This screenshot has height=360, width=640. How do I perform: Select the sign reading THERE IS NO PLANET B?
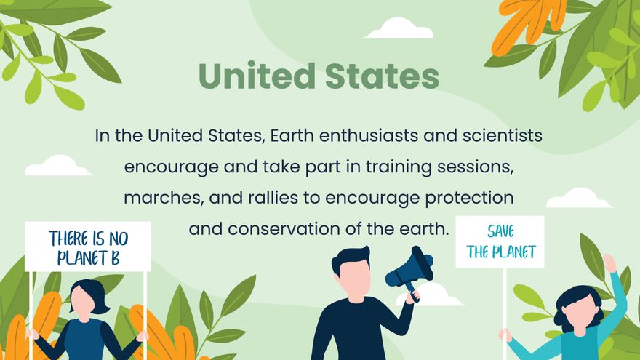pyautogui.click(x=88, y=247)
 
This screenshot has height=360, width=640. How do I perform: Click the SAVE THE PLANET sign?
pyautogui.click(x=500, y=241)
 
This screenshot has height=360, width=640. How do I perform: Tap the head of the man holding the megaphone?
pyautogui.click(x=351, y=269)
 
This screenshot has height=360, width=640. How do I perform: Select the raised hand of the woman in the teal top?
pyautogui.click(x=609, y=263)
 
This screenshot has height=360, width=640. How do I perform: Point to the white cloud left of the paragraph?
pyautogui.click(x=58, y=166)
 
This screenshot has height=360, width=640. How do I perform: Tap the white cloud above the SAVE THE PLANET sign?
pyautogui.click(x=579, y=198)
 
